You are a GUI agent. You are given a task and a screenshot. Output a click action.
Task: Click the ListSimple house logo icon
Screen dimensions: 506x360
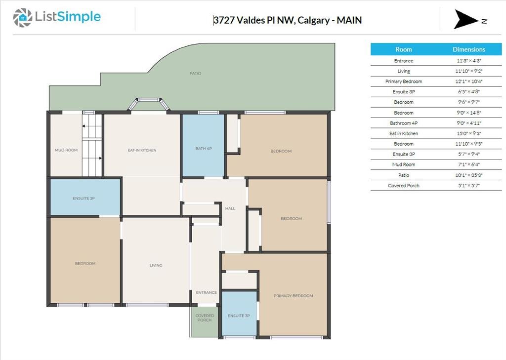click(23, 18)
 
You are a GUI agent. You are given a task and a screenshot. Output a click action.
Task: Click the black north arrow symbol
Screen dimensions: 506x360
click(466, 19)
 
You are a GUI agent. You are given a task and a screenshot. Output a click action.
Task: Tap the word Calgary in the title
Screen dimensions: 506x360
click(314, 20)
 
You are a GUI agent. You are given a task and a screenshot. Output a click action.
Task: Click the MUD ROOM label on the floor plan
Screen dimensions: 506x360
click(66, 150)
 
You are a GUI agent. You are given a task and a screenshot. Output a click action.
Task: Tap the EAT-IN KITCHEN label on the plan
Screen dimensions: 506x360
click(142, 150)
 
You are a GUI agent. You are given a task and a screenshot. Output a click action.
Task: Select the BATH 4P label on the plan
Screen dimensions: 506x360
click(204, 148)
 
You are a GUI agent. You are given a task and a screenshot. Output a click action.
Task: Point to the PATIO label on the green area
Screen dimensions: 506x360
click(195, 73)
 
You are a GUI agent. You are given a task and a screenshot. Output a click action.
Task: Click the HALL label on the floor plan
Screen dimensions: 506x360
click(230, 208)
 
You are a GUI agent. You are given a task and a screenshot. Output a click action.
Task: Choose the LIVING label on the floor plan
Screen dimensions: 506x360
click(156, 265)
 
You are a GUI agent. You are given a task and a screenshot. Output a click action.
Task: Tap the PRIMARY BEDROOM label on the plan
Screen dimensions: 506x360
click(294, 295)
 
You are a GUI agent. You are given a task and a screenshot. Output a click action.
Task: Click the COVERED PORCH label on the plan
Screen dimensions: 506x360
click(205, 318)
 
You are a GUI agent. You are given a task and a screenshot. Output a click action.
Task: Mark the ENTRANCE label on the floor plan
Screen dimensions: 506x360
click(206, 292)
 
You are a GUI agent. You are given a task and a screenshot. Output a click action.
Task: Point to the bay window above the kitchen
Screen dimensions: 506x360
click(148, 104)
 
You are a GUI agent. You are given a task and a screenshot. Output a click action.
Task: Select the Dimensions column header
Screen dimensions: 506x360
click(469, 49)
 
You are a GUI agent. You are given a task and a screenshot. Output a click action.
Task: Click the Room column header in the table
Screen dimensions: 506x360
click(403, 49)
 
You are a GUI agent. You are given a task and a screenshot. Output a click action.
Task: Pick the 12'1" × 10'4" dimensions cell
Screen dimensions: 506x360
click(469, 81)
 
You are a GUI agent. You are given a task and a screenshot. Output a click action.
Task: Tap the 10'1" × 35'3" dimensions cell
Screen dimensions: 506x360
click(469, 175)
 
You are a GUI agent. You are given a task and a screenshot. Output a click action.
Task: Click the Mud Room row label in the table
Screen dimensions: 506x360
click(403, 164)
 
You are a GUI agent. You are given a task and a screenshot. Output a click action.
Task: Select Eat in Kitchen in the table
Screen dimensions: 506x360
click(403, 133)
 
